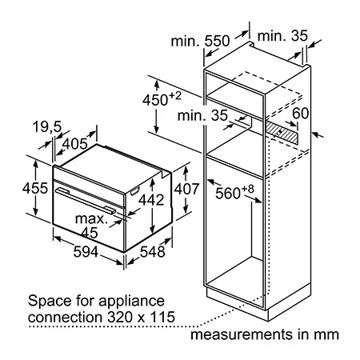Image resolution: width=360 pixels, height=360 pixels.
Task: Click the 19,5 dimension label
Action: pos(47,126)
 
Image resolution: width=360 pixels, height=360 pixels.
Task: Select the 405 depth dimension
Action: pos(75,144)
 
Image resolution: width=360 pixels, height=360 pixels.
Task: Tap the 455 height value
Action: pos(35,188)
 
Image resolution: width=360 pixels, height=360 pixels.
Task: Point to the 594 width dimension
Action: pos(86,252)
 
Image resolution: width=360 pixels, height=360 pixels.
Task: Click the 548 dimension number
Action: pos(153,252)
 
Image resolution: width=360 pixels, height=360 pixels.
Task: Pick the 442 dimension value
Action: pos(151,200)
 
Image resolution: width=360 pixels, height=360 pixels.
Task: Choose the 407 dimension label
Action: pos(186,189)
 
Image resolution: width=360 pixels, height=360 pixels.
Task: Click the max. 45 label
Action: pos(90,226)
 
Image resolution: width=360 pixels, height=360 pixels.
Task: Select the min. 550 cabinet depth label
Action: pos(200,41)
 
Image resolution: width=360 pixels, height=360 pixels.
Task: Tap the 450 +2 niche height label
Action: pos(162,98)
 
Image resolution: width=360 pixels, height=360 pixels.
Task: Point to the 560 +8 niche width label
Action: pos(234,192)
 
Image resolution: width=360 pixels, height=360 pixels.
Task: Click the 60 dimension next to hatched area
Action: pos(301,113)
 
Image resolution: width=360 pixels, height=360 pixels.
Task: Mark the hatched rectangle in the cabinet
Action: pos(282,132)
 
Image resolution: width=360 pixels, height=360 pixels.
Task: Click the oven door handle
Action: pos(86,201)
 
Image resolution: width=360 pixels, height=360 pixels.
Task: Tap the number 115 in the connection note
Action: pos(162,318)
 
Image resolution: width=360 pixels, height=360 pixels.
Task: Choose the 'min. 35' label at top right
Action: pos(282,36)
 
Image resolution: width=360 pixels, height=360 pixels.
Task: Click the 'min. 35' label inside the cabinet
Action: pos(202,116)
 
